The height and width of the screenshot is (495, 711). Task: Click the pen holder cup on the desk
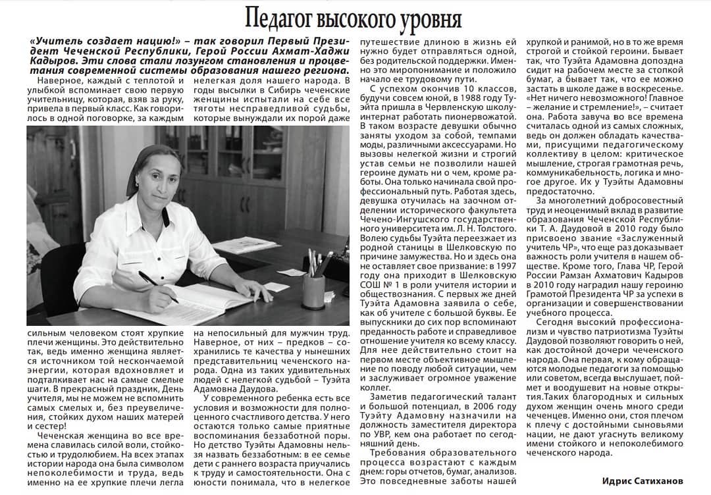(x=313, y=290)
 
